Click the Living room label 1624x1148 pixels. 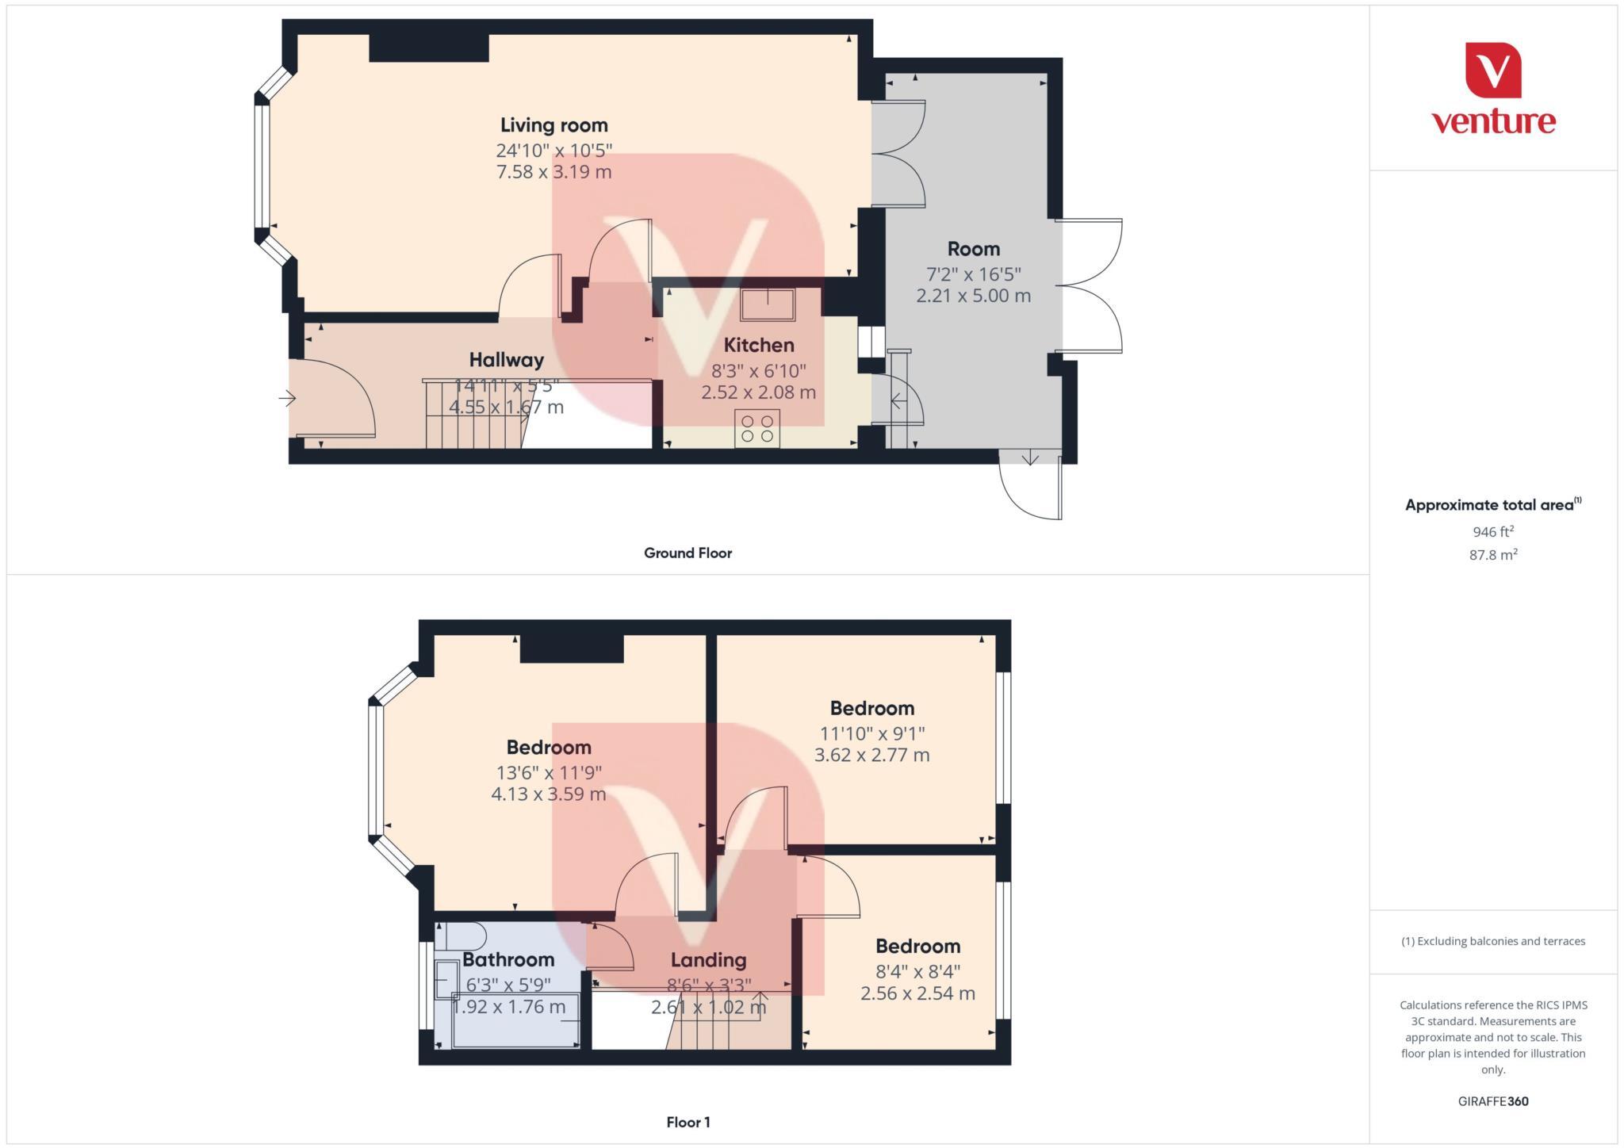click(553, 125)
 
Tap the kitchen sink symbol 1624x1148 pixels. click(768, 304)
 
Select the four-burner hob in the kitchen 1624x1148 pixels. click(756, 428)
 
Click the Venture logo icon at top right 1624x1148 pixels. click(1493, 71)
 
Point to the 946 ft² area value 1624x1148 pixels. click(1492, 532)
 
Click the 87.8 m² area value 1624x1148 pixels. click(1492, 555)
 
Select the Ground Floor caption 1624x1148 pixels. click(688, 553)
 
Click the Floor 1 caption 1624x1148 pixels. click(688, 1123)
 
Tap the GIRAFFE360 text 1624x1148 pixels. click(1492, 1101)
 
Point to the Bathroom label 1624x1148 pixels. click(508, 960)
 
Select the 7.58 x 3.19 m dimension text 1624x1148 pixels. click(553, 172)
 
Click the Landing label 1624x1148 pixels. click(708, 961)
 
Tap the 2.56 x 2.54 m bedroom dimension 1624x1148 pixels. click(917, 993)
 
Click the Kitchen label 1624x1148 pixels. click(758, 346)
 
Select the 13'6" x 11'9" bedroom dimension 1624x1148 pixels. click(549, 772)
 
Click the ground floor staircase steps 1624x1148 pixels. click(474, 415)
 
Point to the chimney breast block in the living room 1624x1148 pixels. click(428, 48)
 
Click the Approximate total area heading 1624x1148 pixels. click(1489, 505)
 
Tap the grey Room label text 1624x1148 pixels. click(973, 249)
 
